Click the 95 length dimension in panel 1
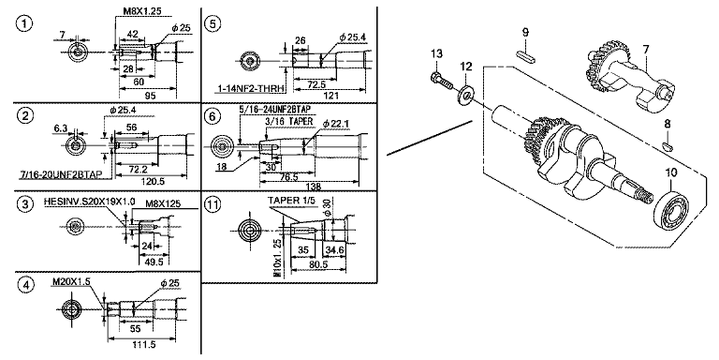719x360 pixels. pos(148,96)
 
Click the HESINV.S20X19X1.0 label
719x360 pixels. pos(89,202)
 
